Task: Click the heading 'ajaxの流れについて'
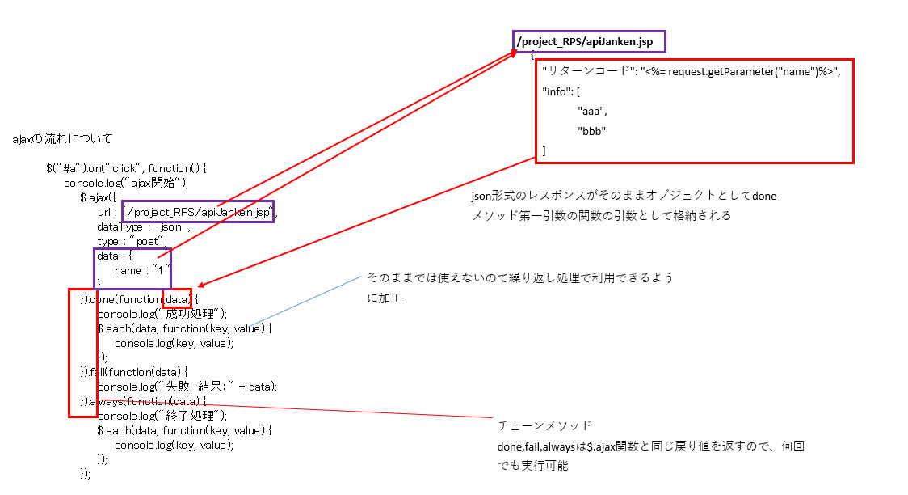[x=62, y=138]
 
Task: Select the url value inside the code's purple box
[x=198, y=212]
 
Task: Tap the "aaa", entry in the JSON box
[x=592, y=111]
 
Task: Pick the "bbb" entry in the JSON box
[x=591, y=131]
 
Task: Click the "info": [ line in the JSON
[x=561, y=91]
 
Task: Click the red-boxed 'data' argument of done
[x=177, y=299]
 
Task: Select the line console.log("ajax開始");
[x=126, y=183]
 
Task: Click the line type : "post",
[x=132, y=241]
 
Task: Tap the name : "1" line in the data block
[x=142, y=270]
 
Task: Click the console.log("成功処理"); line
[x=162, y=314]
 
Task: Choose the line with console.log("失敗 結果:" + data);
[x=187, y=387]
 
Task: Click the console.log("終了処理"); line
[x=162, y=416]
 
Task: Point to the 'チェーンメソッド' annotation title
[x=544, y=425]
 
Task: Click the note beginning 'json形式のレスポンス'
[x=624, y=205]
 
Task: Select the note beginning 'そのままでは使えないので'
[x=520, y=287]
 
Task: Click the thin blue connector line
[x=306, y=301]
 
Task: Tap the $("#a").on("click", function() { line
[x=126, y=168]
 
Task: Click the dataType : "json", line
[x=144, y=226]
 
